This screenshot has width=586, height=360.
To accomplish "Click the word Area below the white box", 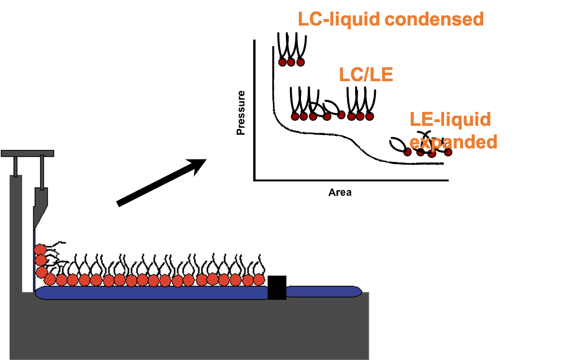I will click(340, 193).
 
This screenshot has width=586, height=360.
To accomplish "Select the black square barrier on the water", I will click(277, 287).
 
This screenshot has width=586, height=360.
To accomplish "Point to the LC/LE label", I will click(366, 75).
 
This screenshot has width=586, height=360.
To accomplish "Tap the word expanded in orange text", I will click(454, 141).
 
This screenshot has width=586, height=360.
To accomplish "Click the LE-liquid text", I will click(450, 119).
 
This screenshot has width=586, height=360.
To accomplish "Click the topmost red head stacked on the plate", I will click(40, 249).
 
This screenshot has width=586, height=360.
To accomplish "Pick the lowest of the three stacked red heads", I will click(42, 271).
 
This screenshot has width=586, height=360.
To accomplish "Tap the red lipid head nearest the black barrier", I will click(259, 279).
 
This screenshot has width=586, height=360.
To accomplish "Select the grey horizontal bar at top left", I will click(27, 152).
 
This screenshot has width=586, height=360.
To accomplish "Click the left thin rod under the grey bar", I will click(16, 166).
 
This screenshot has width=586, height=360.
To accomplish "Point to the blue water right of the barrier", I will click(321, 291).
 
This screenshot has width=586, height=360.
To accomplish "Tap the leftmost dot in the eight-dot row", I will click(296, 117).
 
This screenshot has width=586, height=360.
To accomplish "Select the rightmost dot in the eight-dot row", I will click(370, 116).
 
